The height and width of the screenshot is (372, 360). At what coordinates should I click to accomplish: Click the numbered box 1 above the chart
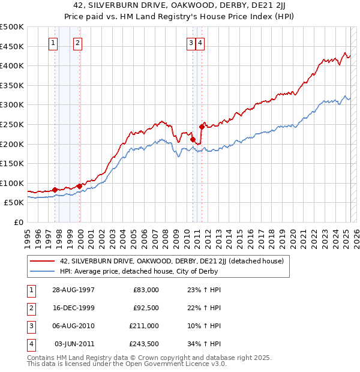coord(53,43)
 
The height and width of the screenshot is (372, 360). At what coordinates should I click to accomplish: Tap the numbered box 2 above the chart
coord(79,43)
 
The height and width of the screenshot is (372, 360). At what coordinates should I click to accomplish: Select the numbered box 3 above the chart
coord(191,43)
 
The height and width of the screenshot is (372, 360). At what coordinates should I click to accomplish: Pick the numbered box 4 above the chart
coord(200,43)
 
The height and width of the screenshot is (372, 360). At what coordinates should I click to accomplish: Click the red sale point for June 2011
coord(202,127)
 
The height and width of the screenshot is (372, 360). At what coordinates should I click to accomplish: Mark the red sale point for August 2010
coord(193,139)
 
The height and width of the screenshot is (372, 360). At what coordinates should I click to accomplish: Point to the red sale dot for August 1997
coord(55,190)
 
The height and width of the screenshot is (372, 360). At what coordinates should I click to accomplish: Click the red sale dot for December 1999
coord(80,186)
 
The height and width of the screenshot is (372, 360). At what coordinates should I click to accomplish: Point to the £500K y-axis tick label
coord(12,27)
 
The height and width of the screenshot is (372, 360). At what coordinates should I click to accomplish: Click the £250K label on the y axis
coord(12,124)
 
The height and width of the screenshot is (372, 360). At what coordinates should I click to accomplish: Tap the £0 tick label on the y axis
coord(18,222)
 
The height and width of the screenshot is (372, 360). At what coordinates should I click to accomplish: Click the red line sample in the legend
coord(42,261)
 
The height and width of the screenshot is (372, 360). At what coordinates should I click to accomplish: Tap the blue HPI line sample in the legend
coord(42,271)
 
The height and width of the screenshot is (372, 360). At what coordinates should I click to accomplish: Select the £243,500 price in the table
coord(145,344)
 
